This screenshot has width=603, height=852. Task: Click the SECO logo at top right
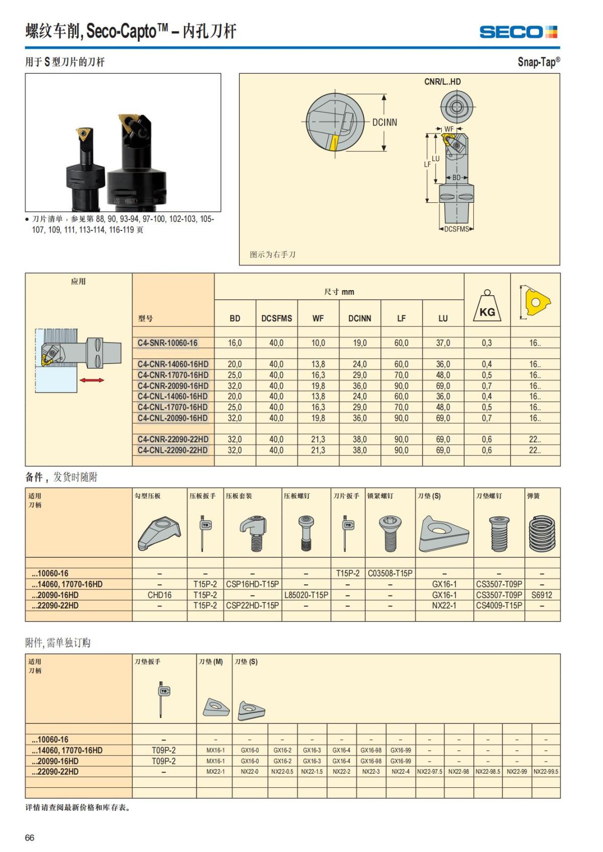pyautogui.click(x=518, y=32)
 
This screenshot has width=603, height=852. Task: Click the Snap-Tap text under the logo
pyautogui.click(x=538, y=62)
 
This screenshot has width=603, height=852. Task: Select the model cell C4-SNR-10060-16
pyautogui.click(x=168, y=343)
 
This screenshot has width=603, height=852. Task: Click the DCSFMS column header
pyautogui.click(x=276, y=318)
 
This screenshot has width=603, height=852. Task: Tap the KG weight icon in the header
pyautogui.click(x=487, y=307)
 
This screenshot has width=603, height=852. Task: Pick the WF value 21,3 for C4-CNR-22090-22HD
pyautogui.click(x=318, y=439)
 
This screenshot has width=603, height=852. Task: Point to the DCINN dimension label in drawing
pyautogui.click(x=384, y=122)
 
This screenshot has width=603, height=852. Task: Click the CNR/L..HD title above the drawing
pyautogui.click(x=442, y=82)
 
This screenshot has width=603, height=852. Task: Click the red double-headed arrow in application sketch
pyautogui.click(x=92, y=380)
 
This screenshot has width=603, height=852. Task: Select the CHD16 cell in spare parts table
pyautogui.click(x=159, y=595)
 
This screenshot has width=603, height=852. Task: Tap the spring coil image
pyautogui.click(x=542, y=533)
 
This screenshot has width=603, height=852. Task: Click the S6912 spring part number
pyautogui.click(x=542, y=595)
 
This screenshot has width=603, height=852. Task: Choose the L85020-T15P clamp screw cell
pyautogui.click(x=306, y=595)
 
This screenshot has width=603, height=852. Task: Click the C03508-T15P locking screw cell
pyautogui.click(x=390, y=573)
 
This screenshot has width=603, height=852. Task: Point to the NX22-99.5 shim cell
pyautogui.click(x=546, y=772)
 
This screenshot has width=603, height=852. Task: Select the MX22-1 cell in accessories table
pyautogui.click(x=216, y=772)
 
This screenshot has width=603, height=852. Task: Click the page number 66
pyautogui.click(x=30, y=837)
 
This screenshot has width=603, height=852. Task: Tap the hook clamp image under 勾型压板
pyautogui.click(x=159, y=534)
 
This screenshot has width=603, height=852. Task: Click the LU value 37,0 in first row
pyautogui.click(x=443, y=343)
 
